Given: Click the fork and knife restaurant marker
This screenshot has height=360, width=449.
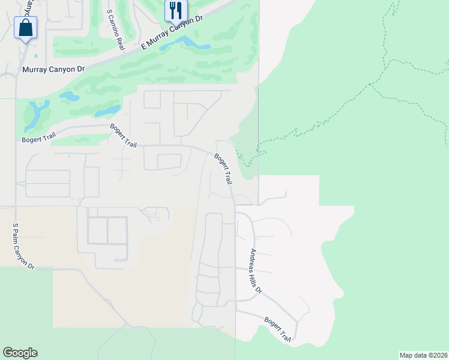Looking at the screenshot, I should pyautogui.click(x=175, y=10).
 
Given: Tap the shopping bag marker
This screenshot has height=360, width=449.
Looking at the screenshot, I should pyautogui.click(x=25, y=28).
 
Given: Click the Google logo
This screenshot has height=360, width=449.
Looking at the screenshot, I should pyautogui.click(x=20, y=353).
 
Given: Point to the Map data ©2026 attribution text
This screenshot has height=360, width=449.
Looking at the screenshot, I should pyautogui.click(x=423, y=355).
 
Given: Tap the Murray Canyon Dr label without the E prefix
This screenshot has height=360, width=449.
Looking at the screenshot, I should pyautogui.click(x=53, y=70).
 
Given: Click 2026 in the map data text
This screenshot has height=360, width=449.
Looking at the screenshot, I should pyautogui.click(x=438, y=355).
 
